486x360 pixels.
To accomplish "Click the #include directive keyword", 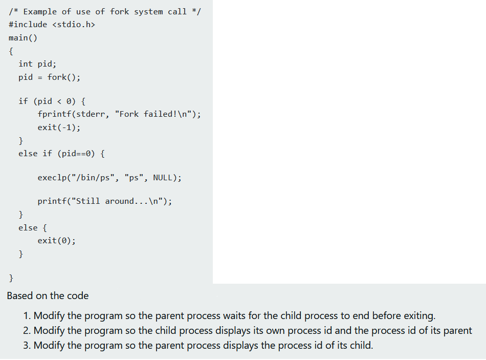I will pos(28,25).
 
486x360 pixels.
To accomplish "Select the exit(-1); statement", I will pos(59,127).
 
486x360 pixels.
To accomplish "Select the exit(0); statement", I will pos(56,240).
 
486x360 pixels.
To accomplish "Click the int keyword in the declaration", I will pos(25,64).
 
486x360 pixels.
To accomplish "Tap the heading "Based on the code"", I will pos(48,295).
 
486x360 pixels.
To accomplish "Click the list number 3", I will pos(27,345).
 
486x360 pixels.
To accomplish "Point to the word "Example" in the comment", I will pos(40,11).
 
